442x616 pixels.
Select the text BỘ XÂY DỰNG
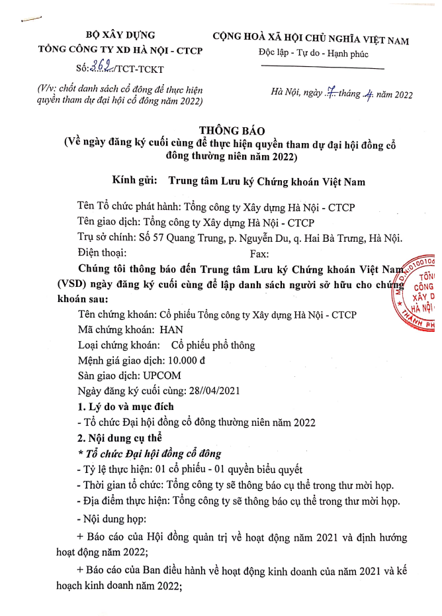pos(121,35)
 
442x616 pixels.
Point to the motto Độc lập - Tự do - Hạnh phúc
pos(314,54)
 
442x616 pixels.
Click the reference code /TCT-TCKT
pos(140,68)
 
